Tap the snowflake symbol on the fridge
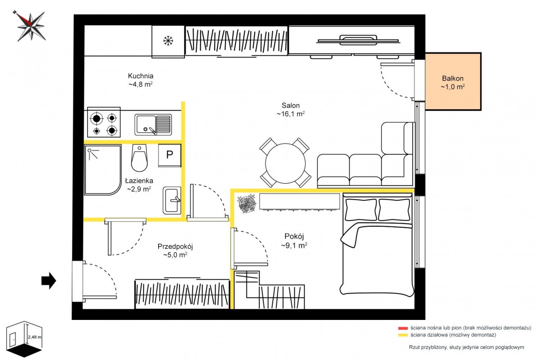[x=168, y=40]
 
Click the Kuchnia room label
[x=140, y=76]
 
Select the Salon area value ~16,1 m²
[x=291, y=113]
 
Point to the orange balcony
[x=453, y=81]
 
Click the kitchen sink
[x=153, y=125]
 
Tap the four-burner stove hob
[x=104, y=122]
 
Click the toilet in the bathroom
[x=139, y=157]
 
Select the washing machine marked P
[x=170, y=155]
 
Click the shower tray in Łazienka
[x=103, y=170]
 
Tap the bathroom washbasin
[x=172, y=200]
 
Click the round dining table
[x=285, y=163]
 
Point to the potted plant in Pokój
[x=247, y=203]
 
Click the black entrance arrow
[x=49, y=280]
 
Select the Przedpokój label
[x=175, y=247]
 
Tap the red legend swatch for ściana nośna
[x=403, y=328]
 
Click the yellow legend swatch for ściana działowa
[x=403, y=335]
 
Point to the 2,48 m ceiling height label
[x=35, y=337]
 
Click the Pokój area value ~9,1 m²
[x=294, y=245]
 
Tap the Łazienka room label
[x=139, y=180]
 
